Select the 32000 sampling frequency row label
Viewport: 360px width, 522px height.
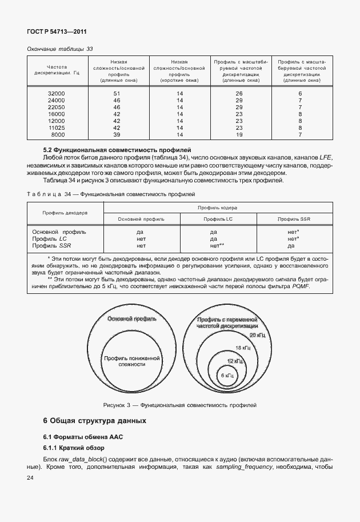click(57, 93)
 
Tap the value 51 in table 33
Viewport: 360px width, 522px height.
click(117, 93)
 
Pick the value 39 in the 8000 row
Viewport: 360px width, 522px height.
click(117, 134)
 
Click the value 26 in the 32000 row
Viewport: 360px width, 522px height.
click(239, 93)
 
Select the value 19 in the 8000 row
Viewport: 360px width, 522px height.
click(239, 134)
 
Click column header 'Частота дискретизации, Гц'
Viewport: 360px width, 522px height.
click(57, 70)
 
